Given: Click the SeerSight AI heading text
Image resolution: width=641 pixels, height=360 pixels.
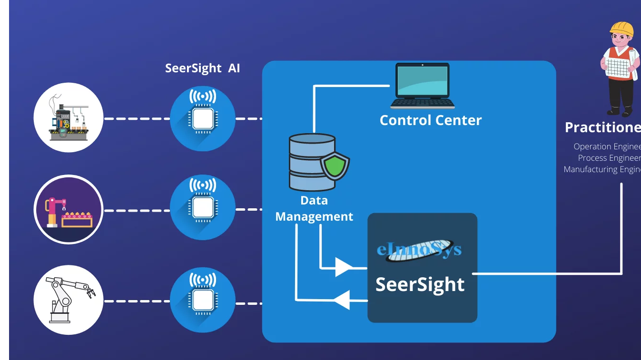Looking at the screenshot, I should click(x=202, y=68).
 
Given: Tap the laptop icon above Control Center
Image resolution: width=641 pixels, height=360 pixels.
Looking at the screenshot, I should click(x=422, y=86).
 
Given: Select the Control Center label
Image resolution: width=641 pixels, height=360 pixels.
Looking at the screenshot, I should click(x=430, y=120).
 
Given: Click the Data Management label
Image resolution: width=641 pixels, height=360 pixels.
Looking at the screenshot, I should click(x=314, y=209).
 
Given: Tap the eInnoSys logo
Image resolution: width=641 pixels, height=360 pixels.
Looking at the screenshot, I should click(x=419, y=250).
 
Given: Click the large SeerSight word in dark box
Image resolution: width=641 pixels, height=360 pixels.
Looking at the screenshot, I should click(x=420, y=284).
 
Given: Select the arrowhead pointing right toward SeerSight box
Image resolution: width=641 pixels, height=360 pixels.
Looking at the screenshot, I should click(x=343, y=267).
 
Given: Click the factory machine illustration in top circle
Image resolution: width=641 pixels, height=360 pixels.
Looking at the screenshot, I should click(x=69, y=117).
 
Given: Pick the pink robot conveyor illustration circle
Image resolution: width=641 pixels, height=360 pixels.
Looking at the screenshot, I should click(x=69, y=209).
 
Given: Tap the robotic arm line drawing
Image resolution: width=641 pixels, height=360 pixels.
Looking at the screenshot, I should click(x=69, y=300).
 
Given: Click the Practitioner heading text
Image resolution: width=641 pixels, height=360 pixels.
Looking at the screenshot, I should click(x=602, y=127).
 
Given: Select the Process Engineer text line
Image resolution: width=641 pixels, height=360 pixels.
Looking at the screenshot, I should click(x=609, y=158).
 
